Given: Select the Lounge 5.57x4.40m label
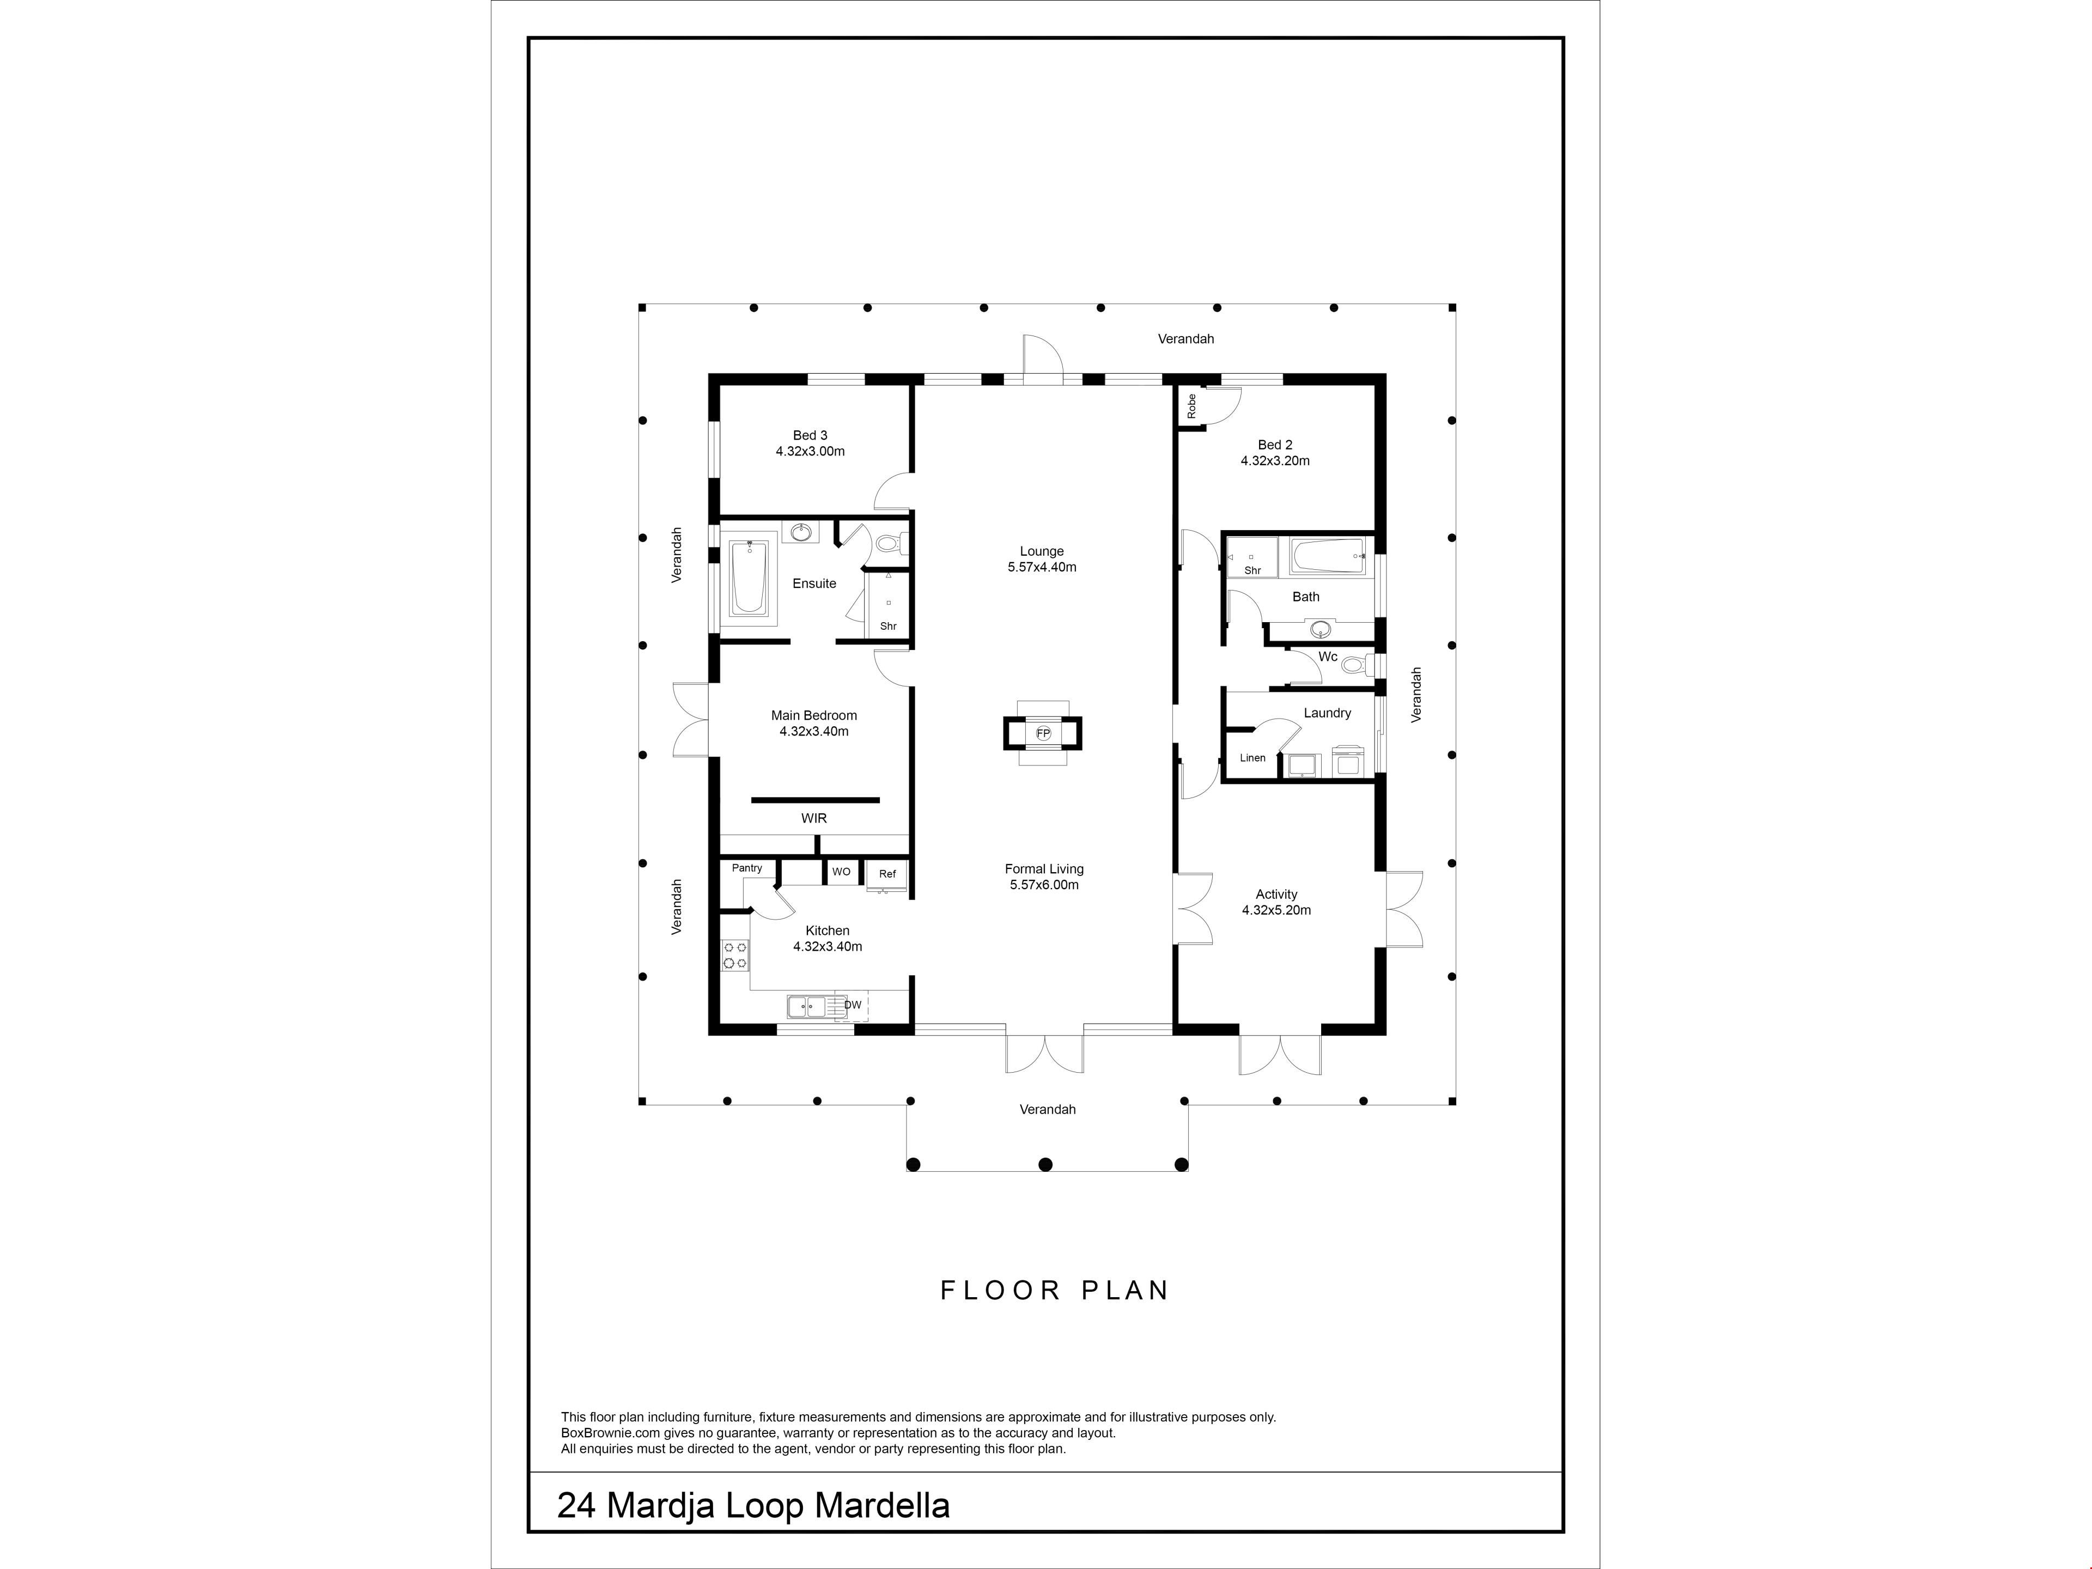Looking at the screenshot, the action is (x=1042, y=559).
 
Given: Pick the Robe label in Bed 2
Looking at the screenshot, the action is (x=1191, y=406).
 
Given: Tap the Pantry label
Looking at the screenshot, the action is (x=747, y=868).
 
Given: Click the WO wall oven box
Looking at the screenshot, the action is (x=841, y=872).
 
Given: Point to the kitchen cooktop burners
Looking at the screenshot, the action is (x=736, y=955).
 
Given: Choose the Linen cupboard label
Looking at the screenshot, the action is (x=1252, y=758).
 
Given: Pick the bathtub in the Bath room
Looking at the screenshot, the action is (x=1328, y=557).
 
